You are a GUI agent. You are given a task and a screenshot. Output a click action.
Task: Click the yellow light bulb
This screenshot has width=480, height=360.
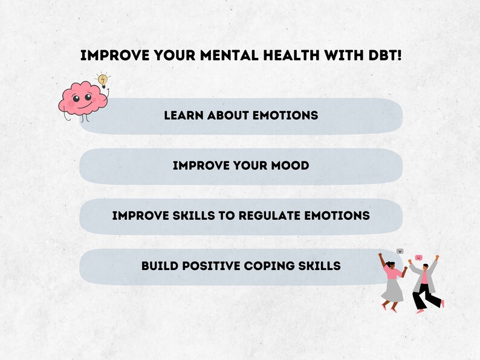pyautogui.click(x=103, y=80)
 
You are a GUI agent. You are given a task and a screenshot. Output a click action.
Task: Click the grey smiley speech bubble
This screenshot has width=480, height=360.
pyautogui.click(x=400, y=251)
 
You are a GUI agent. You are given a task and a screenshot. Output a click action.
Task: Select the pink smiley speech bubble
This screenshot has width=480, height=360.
pyautogui.click(x=418, y=257)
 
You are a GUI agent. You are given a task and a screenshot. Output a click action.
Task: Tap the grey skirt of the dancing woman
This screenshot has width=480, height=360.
pyautogui.click(x=392, y=291)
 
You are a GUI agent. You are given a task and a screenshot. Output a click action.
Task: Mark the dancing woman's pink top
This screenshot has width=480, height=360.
pyautogui.click(x=392, y=273)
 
